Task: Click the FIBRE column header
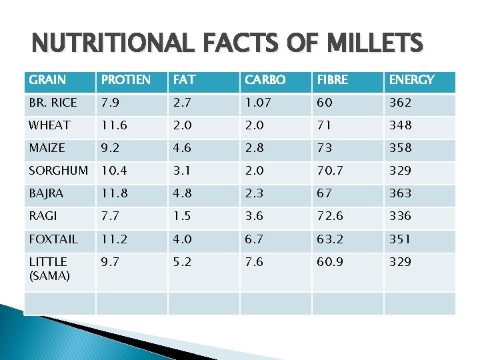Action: (x=332, y=80)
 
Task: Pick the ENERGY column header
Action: (x=411, y=80)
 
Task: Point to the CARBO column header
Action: (x=265, y=80)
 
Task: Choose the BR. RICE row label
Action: (x=53, y=103)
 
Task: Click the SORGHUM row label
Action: (x=58, y=171)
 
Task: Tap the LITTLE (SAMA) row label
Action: (x=49, y=269)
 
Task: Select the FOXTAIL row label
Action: (x=53, y=239)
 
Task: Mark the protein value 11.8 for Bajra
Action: (x=115, y=193)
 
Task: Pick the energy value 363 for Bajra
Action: (x=400, y=193)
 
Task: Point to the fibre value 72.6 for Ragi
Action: (x=332, y=216)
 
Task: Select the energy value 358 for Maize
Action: (x=400, y=148)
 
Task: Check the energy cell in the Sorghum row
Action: (x=400, y=171)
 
